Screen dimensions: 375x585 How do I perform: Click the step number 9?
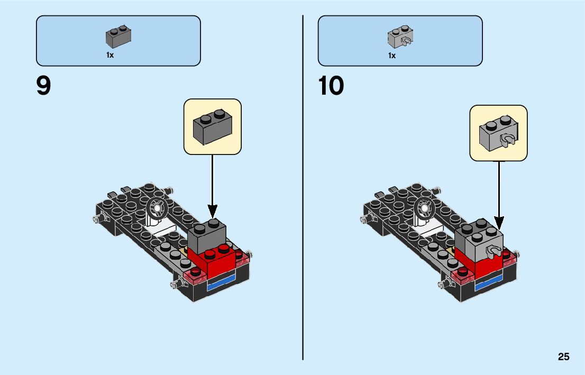coord(44,86)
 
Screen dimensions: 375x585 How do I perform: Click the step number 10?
coord(331,86)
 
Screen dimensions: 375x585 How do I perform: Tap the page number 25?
coord(563,357)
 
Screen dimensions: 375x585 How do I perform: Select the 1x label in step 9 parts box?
coord(110,55)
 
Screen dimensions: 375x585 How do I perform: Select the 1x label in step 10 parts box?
coord(392,55)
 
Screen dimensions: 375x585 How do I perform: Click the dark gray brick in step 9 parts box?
coord(118,35)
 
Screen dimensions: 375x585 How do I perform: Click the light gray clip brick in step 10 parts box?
coord(400,35)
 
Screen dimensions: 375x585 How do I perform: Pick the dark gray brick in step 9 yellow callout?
coord(212,127)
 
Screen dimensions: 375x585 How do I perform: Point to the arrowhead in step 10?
coord(499,222)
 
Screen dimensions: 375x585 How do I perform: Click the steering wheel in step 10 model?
coord(425,208)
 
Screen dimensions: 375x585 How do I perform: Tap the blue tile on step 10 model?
coord(489,285)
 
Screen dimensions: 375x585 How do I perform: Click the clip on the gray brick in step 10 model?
coord(494,252)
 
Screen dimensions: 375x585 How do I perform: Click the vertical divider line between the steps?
coord(303,212)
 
